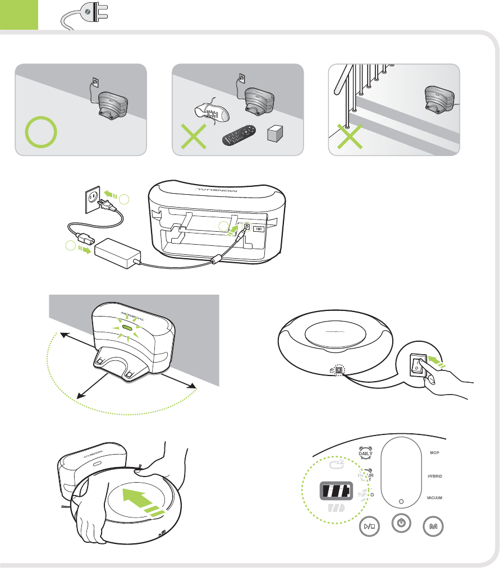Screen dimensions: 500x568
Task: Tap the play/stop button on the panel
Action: (x=369, y=527)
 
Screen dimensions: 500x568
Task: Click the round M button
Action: (x=433, y=527)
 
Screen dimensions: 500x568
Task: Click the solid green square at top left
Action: (x=19, y=15)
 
